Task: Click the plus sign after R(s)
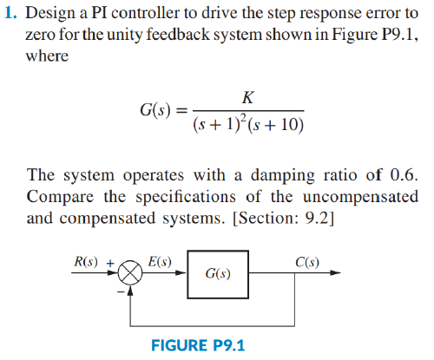tap(110, 260)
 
